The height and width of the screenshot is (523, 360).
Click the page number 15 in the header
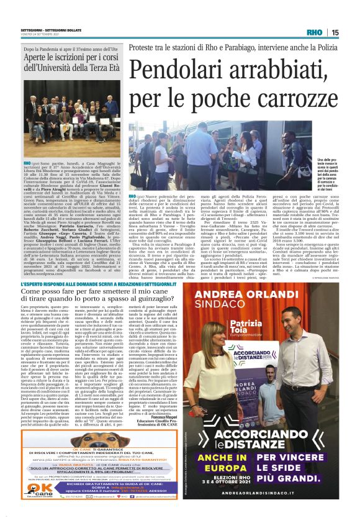click(x=335, y=32)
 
